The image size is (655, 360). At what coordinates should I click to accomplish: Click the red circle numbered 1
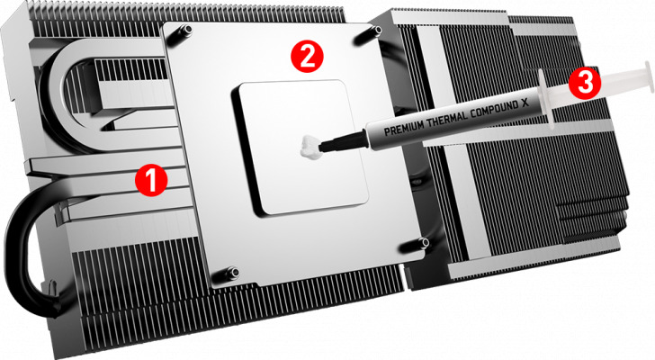click(x=151, y=180)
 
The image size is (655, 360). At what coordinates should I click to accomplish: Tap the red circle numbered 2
click(x=307, y=57)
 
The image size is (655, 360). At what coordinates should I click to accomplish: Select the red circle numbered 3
click(x=585, y=83)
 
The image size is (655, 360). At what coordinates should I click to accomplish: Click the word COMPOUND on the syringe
click(x=494, y=108)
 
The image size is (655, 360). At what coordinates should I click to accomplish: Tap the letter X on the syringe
click(x=525, y=103)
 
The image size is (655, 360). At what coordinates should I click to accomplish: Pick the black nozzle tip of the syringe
click(x=341, y=142)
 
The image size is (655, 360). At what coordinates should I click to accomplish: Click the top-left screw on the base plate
click(x=187, y=30)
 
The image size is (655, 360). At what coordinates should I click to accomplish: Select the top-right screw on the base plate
click(x=377, y=30)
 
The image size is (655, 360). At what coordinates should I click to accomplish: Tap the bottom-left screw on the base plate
click(x=233, y=273)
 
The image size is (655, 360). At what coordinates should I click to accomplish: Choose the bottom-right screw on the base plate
click(x=424, y=243)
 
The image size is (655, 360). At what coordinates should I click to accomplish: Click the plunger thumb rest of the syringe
click(x=649, y=76)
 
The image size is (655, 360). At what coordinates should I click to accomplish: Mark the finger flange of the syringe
click(x=546, y=99)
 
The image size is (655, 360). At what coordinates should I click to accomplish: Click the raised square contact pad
click(x=301, y=148)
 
